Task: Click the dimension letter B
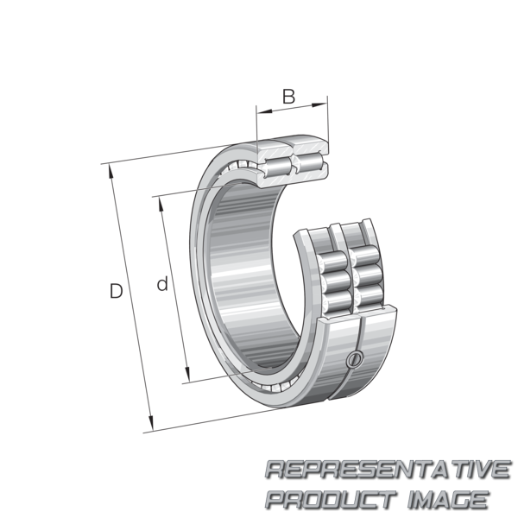[x=288, y=97]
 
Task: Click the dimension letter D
[x=116, y=291]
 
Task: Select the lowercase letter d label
[x=162, y=284]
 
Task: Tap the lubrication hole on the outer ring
[x=355, y=359]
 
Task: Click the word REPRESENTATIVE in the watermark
[x=388, y=470]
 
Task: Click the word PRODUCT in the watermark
[x=332, y=499]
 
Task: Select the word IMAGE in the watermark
[x=448, y=499]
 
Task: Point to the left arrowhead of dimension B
[x=264, y=111]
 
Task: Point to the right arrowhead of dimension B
[x=319, y=105]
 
